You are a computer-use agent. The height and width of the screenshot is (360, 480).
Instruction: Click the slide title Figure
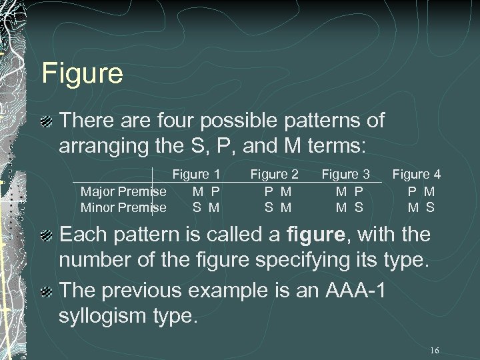pos(82,73)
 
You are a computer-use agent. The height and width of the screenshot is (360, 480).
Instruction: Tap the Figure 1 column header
pos(197,175)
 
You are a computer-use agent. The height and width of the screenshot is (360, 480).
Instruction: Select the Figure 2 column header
pos(274,175)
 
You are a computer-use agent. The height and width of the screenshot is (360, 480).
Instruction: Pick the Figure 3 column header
pos(346,175)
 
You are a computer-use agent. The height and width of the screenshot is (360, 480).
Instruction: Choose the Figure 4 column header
pos(417,175)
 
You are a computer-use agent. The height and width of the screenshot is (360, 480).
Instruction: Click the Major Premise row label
pos(123,192)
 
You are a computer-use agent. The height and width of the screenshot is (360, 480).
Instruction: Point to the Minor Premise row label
pos(123,207)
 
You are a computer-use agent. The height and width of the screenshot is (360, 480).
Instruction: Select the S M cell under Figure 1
pos(206,207)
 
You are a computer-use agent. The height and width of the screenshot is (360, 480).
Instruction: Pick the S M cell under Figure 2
pos(278,207)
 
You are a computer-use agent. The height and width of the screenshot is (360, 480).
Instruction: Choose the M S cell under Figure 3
pos(349,207)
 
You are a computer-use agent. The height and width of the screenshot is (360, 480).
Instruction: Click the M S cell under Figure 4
pos(421,207)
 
